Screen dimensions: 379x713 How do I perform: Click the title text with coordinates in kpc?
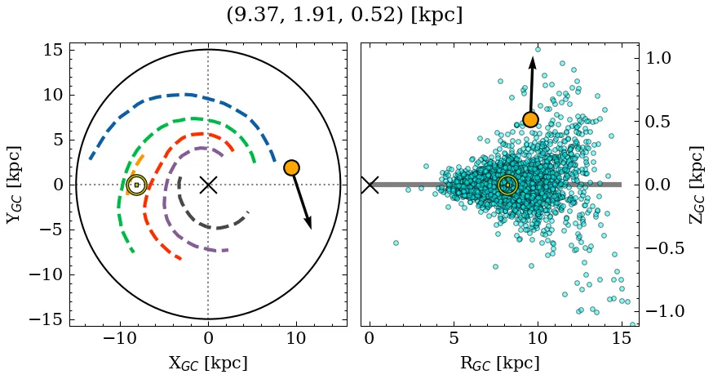pos(344,16)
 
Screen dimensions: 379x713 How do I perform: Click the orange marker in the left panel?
pos(291,167)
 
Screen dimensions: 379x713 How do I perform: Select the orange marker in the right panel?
pos(530,119)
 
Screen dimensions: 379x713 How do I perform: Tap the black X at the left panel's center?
pos(208,185)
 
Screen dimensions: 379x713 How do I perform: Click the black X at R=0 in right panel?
pos(370,185)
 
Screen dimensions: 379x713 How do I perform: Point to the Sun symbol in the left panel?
pos(136,185)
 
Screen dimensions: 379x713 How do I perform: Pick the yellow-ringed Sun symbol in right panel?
pos(507,185)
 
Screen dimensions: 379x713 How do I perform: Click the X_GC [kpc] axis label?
pos(208,363)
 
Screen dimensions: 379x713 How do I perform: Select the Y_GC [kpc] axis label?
pos(14,185)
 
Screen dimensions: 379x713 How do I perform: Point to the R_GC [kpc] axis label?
pos(499,363)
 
